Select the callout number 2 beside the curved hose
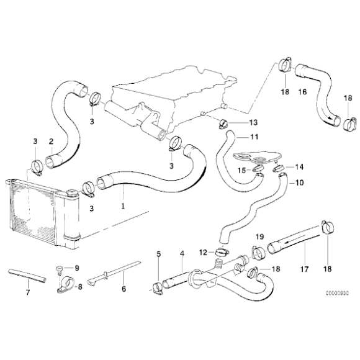(52, 141)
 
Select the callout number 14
(299, 167)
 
